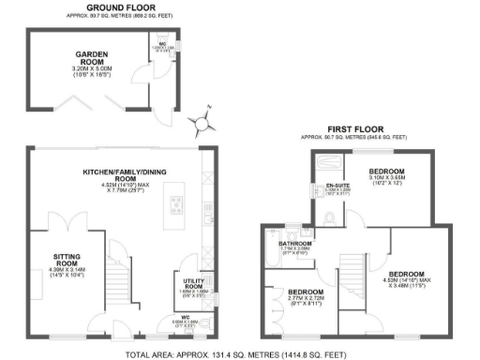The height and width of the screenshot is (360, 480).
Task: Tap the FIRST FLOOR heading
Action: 353,128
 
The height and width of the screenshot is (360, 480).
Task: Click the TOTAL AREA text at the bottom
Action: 240,353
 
